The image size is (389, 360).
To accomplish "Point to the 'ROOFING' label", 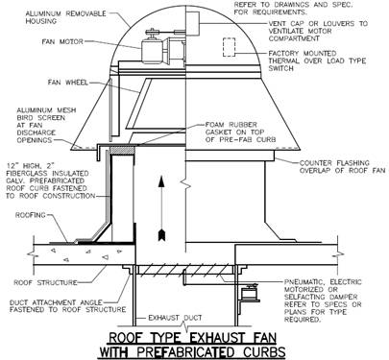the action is [25, 216].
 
